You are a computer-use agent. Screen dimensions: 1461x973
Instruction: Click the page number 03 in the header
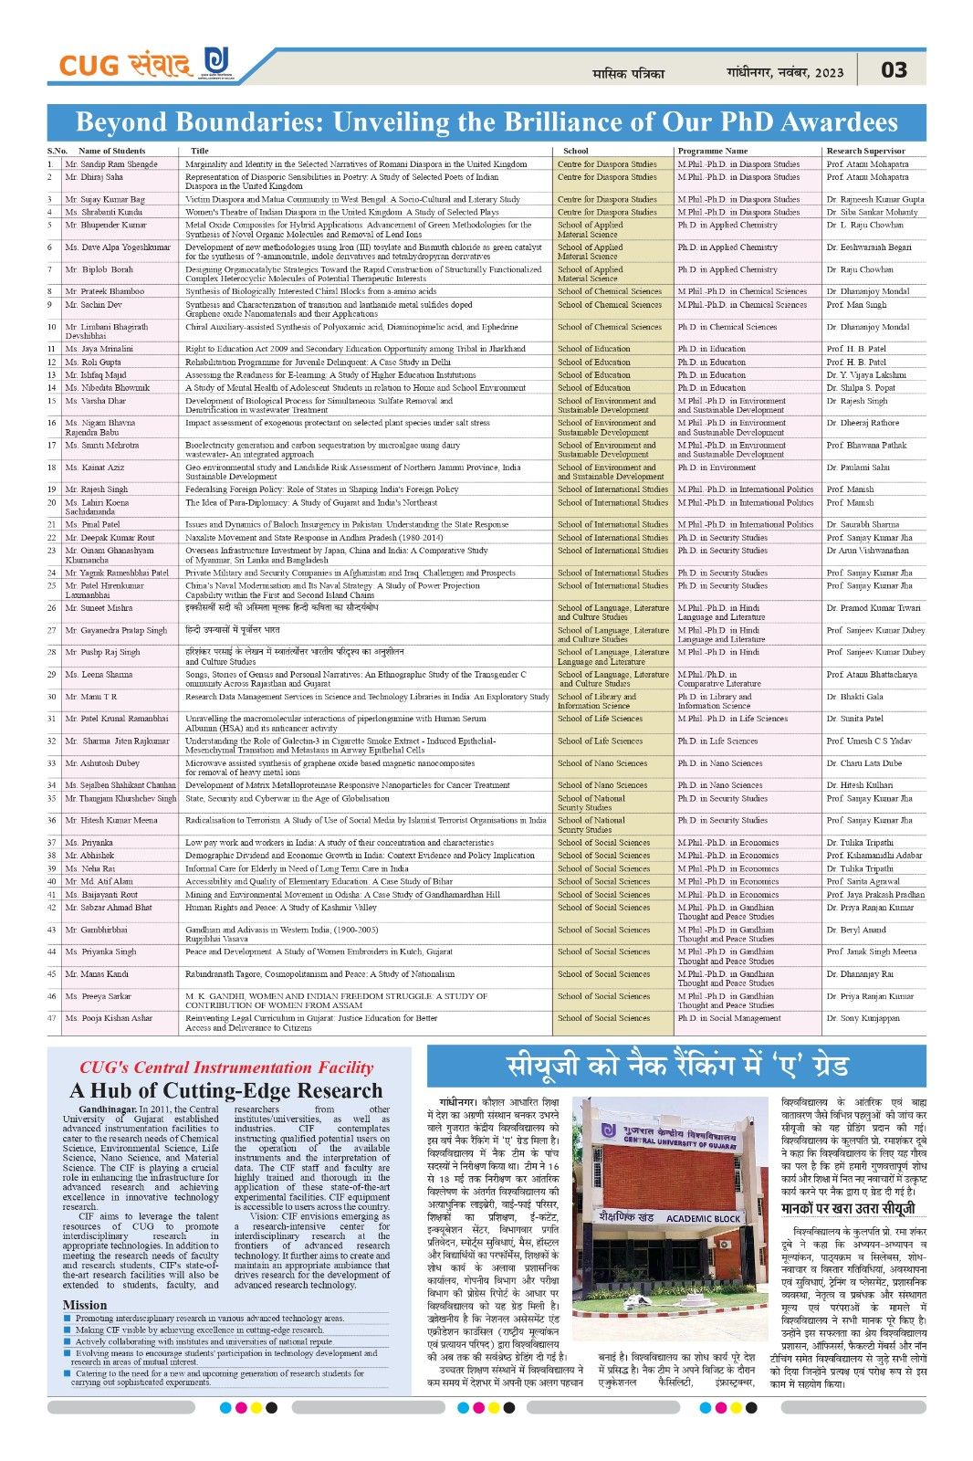pos(894,70)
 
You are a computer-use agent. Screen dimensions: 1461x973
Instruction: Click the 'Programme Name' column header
pos(712,151)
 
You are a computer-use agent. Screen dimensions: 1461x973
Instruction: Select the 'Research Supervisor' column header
pos(865,151)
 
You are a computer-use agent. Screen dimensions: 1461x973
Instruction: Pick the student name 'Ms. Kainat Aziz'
pos(95,468)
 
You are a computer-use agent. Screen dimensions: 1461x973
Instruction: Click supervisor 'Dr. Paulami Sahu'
pos(858,468)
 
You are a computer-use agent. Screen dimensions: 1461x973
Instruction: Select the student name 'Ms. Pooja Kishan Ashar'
pos(109,1018)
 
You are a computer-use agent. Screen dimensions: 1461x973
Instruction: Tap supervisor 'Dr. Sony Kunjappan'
pos(863,1018)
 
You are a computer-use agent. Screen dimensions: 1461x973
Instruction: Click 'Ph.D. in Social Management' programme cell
pos(728,1018)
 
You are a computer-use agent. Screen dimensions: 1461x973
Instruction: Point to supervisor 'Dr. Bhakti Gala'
pos(854,697)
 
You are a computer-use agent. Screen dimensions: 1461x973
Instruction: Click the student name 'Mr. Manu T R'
pos(91,697)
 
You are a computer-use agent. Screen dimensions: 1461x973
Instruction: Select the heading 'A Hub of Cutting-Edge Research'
pos(225,1090)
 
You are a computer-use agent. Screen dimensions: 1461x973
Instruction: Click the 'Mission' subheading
pos(85,1305)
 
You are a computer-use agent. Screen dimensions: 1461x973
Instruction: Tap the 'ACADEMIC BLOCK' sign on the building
pos(703,1218)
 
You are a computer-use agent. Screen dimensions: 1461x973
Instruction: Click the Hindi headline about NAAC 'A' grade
pos(677,1066)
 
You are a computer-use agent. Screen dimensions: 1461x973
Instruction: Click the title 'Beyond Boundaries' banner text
pos(486,122)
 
